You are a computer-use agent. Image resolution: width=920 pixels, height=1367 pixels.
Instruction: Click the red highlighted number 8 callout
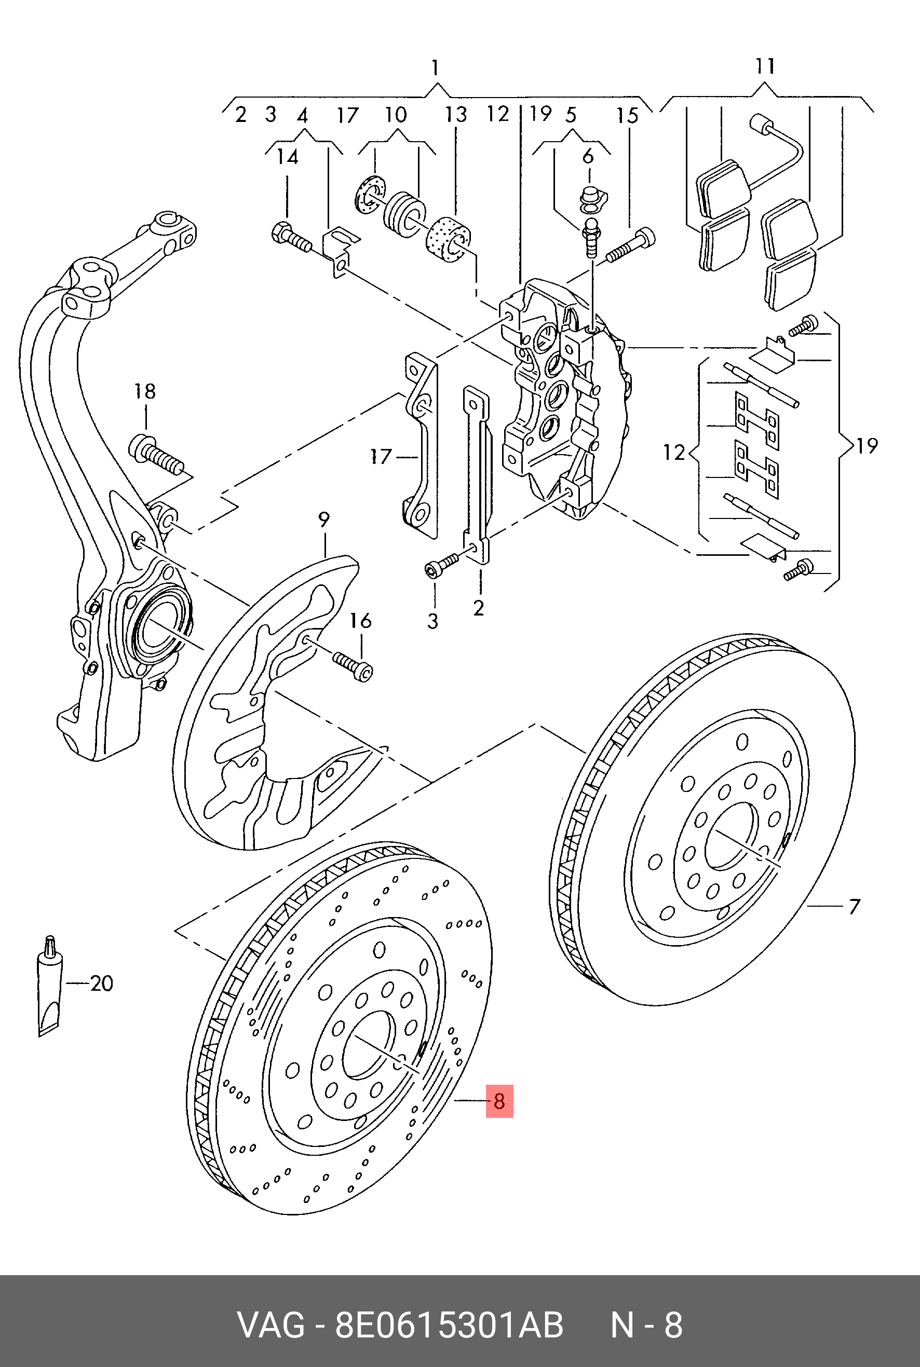click(499, 1101)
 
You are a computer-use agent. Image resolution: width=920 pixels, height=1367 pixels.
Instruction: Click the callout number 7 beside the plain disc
click(854, 907)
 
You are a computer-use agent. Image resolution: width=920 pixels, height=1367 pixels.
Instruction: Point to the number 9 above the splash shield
click(324, 519)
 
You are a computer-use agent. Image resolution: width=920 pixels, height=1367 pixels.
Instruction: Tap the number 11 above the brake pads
click(765, 66)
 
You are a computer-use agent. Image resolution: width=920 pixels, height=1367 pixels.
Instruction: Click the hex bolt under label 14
click(290, 237)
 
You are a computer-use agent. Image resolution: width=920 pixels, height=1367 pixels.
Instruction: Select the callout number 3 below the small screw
click(432, 621)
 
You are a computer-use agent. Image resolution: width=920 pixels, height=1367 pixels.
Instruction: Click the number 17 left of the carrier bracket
click(381, 456)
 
